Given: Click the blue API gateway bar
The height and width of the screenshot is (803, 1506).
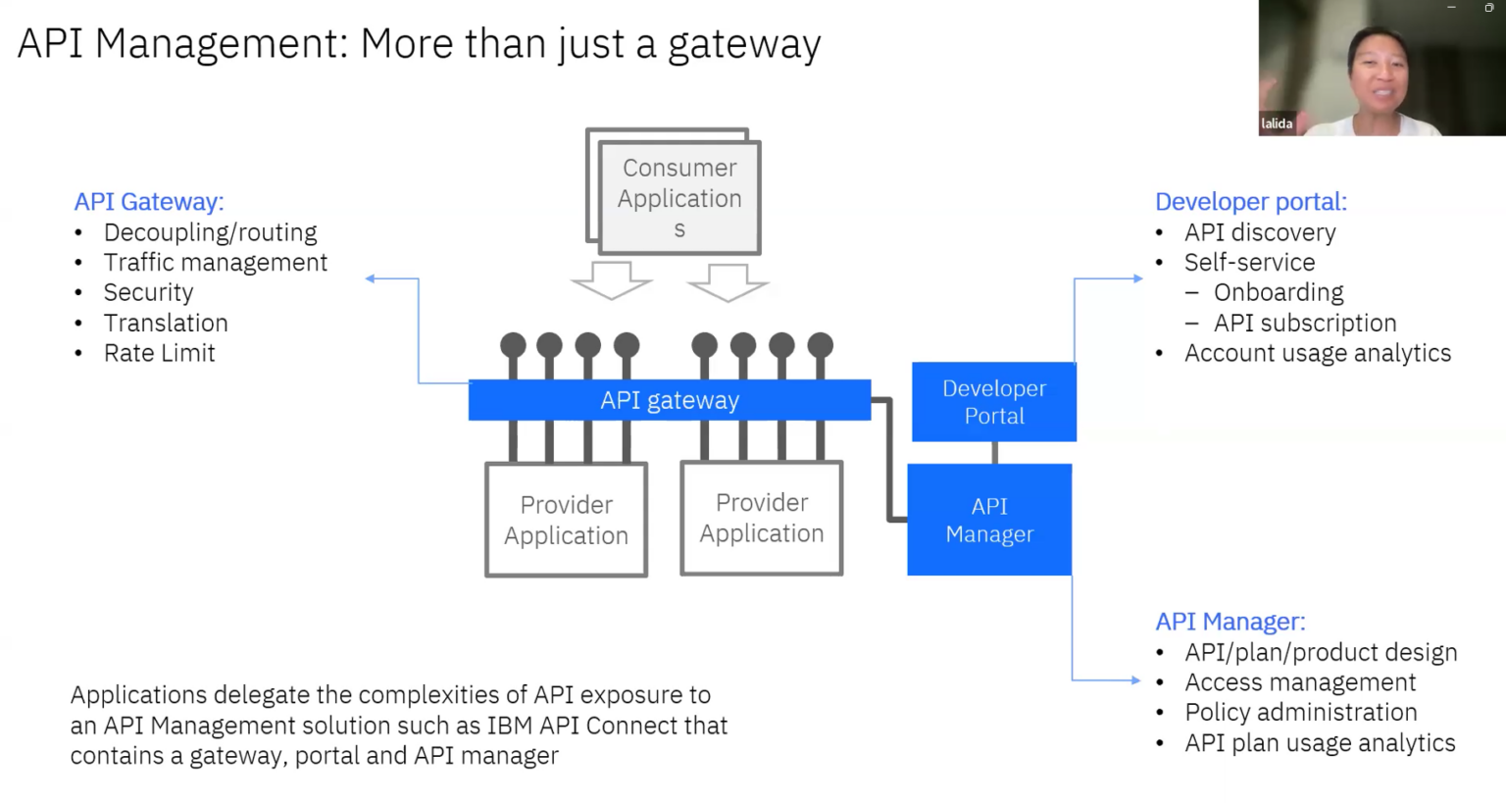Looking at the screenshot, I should [x=669, y=400].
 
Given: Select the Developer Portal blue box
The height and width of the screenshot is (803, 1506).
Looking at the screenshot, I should [x=993, y=402].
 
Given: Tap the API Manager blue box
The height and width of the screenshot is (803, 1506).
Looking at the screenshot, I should [x=988, y=520].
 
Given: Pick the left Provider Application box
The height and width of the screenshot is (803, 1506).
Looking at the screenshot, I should [x=566, y=521].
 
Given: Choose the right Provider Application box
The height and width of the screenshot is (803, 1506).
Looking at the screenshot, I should [x=762, y=518].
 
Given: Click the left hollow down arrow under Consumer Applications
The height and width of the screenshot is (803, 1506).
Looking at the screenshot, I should [x=612, y=280].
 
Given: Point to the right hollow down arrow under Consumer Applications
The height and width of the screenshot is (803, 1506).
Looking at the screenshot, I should [x=728, y=282].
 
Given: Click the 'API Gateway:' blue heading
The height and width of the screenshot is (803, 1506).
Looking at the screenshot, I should [x=149, y=202].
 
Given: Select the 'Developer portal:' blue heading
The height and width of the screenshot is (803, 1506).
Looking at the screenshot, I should [x=1250, y=202].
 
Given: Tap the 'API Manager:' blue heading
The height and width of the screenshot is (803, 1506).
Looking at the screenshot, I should [x=1230, y=622].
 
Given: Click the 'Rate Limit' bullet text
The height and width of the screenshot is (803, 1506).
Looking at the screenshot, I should [x=159, y=353].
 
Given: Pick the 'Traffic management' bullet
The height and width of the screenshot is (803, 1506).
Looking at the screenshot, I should [x=215, y=263].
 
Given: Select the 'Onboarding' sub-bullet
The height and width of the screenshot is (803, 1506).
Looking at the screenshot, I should [x=1278, y=293].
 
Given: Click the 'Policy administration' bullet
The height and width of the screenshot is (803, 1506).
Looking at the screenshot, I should [x=1300, y=713].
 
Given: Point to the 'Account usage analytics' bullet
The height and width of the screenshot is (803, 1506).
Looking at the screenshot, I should [x=1317, y=353].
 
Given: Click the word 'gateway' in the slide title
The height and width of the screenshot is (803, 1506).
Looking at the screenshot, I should [x=743, y=45].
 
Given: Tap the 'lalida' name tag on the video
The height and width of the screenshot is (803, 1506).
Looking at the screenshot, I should [x=1276, y=124].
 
